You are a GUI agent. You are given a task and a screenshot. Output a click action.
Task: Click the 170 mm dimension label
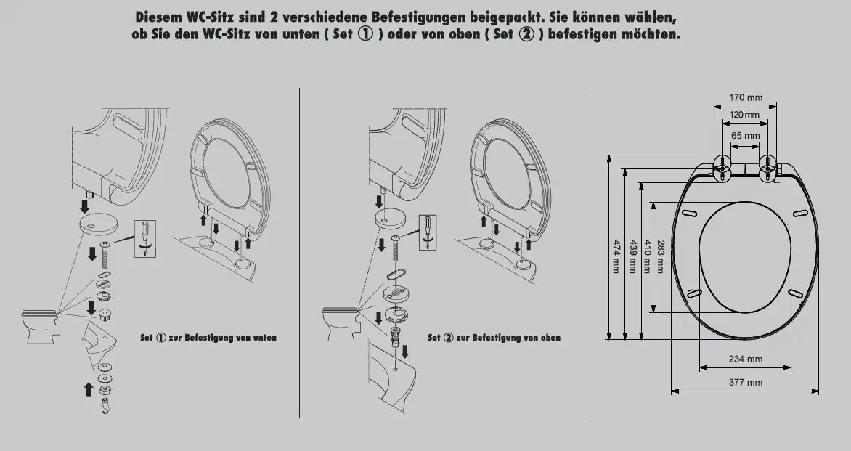[745, 97]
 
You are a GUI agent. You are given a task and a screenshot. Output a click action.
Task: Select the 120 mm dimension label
[745, 115]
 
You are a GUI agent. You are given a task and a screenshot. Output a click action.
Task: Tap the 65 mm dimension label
[745, 136]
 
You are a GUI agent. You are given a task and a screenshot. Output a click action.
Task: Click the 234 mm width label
[745, 359]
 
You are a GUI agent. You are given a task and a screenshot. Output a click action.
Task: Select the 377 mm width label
[745, 382]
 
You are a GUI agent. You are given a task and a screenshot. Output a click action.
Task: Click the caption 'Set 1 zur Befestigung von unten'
[208, 338]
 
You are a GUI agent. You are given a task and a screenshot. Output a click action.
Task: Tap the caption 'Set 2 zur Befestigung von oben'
[494, 338]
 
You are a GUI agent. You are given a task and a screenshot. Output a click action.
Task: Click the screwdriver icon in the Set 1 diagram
[145, 239]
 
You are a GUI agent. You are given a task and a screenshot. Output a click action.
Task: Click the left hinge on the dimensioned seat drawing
[722, 168]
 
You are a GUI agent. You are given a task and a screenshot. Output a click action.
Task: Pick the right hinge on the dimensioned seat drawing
[768, 168]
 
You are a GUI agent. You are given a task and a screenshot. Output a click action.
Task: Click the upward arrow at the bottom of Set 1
[89, 389]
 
